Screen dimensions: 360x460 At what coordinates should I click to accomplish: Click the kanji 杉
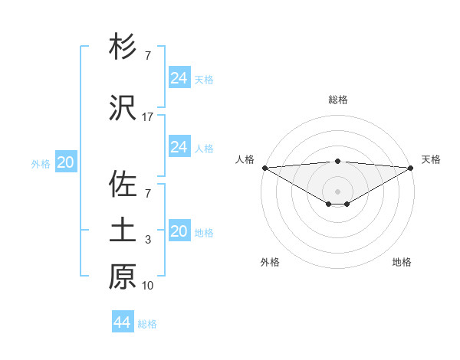click(x=123, y=47)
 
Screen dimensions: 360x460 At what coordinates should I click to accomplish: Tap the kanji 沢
click(x=123, y=109)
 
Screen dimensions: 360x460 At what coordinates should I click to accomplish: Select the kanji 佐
click(x=123, y=185)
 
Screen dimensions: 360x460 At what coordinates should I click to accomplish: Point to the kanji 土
click(x=123, y=231)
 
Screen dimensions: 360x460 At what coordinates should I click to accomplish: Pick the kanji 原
click(x=123, y=277)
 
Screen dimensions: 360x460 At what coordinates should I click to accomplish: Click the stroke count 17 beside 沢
click(x=148, y=117)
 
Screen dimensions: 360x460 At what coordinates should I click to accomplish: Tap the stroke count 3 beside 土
click(x=148, y=241)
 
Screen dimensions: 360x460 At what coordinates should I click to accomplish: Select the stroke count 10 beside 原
click(x=148, y=286)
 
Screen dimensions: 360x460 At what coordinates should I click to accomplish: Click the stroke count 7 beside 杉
click(x=148, y=56)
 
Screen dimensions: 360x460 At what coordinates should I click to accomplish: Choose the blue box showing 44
click(x=123, y=322)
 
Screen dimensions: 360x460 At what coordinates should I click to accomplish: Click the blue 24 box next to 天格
click(x=179, y=78)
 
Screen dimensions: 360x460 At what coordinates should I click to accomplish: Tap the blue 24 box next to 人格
click(x=179, y=147)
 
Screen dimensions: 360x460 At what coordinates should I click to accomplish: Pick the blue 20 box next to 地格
click(x=179, y=231)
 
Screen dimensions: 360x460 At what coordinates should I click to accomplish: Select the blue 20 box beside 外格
click(x=65, y=162)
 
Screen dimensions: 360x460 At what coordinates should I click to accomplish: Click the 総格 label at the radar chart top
click(x=337, y=100)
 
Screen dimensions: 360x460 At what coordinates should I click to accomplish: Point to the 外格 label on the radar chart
click(x=270, y=262)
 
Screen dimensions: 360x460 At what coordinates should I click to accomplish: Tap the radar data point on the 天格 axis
click(x=411, y=168)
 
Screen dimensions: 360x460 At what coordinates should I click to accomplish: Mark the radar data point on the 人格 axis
click(x=264, y=168)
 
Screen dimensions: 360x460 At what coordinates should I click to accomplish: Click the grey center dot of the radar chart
click(x=337, y=190)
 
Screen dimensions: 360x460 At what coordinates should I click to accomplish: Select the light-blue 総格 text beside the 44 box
click(x=147, y=324)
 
